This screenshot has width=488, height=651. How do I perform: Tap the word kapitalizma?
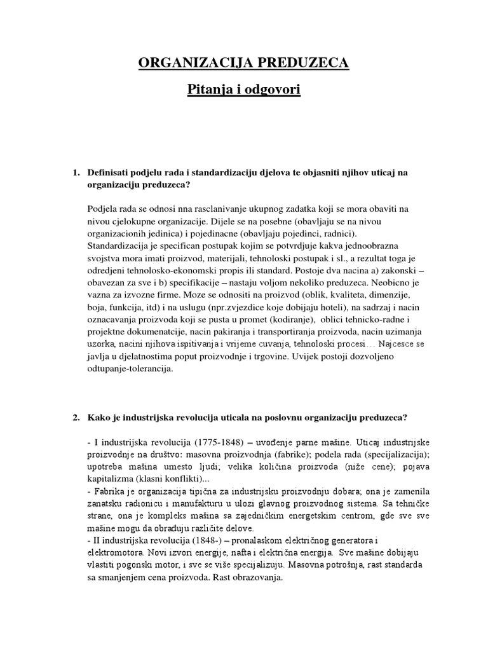point(111,476)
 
